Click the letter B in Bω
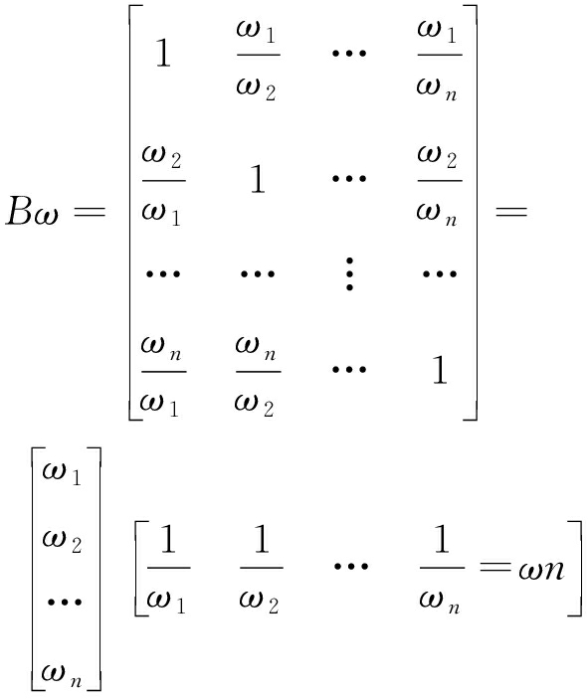point(20,211)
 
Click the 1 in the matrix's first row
point(163,53)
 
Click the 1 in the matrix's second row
point(258,178)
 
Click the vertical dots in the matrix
point(349,273)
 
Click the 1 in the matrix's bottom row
point(440,369)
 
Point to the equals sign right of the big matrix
point(511,210)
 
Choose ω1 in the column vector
point(62,472)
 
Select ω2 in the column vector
point(62,541)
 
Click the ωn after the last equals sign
point(541,570)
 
